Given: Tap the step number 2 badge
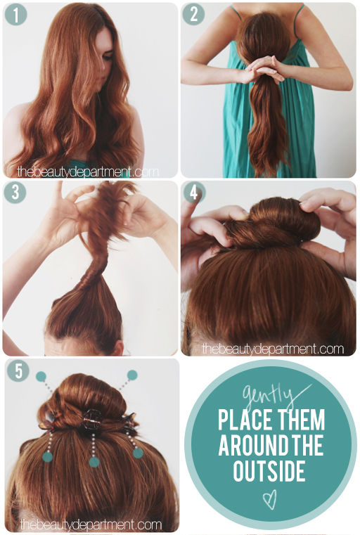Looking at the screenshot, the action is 193,14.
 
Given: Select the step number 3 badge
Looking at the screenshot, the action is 15,192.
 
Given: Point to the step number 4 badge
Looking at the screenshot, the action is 194,193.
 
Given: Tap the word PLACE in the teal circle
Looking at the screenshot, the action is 244,419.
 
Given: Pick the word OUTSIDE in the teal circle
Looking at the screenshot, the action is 269,470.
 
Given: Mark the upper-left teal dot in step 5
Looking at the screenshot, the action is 41,376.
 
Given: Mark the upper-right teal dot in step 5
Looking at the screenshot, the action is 132,375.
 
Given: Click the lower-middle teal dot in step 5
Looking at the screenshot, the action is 94,462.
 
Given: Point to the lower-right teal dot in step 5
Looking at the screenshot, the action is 138,453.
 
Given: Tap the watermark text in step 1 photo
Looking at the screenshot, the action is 88,172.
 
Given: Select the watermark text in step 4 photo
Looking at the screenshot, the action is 273,349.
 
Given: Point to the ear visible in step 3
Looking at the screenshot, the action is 117,348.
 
